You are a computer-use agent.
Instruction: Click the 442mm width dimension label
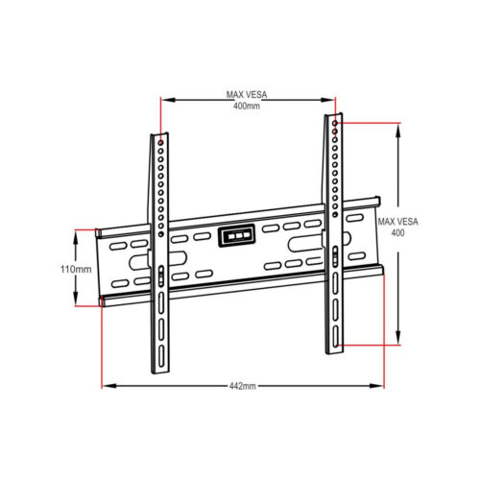click(x=243, y=386)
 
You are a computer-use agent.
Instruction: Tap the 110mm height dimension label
click(x=76, y=269)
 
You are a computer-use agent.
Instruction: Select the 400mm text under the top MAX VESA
click(x=247, y=106)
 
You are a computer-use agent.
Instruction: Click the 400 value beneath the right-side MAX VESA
click(x=397, y=233)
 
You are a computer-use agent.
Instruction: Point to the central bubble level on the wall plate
click(x=237, y=236)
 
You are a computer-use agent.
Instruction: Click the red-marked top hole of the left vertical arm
click(x=161, y=142)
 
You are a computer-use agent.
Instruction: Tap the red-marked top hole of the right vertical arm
click(x=335, y=123)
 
